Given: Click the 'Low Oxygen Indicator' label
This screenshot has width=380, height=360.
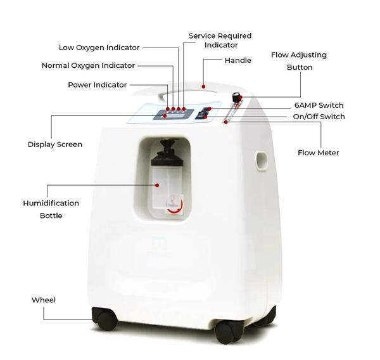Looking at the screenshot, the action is [99, 48].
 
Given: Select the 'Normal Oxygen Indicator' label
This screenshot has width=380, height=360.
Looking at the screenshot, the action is [88, 65].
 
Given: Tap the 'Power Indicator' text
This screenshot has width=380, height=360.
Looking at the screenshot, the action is [97, 85].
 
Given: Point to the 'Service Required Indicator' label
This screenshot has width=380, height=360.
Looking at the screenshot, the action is [220, 41].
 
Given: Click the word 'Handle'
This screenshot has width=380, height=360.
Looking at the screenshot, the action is [237, 60].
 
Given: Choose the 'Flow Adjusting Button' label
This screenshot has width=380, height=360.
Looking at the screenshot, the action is [299, 61].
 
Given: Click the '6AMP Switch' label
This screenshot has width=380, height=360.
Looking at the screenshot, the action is [319, 105].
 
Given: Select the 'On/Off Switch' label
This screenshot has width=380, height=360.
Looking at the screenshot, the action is [319, 117].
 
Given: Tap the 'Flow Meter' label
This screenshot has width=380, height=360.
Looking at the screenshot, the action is [318, 153].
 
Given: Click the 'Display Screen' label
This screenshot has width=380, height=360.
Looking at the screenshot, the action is [55, 145].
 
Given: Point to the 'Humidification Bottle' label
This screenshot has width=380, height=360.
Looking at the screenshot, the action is [51, 209].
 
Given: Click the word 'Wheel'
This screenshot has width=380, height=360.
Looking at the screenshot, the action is [44, 300].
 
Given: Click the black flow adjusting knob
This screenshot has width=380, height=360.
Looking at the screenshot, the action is [236, 97].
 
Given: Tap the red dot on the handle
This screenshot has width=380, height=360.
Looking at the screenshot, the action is [203, 87].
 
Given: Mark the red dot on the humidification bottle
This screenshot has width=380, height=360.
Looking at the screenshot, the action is [157, 185].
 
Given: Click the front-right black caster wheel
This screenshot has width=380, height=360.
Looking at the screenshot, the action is [228, 332].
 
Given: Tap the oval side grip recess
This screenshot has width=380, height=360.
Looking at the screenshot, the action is [262, 160].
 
